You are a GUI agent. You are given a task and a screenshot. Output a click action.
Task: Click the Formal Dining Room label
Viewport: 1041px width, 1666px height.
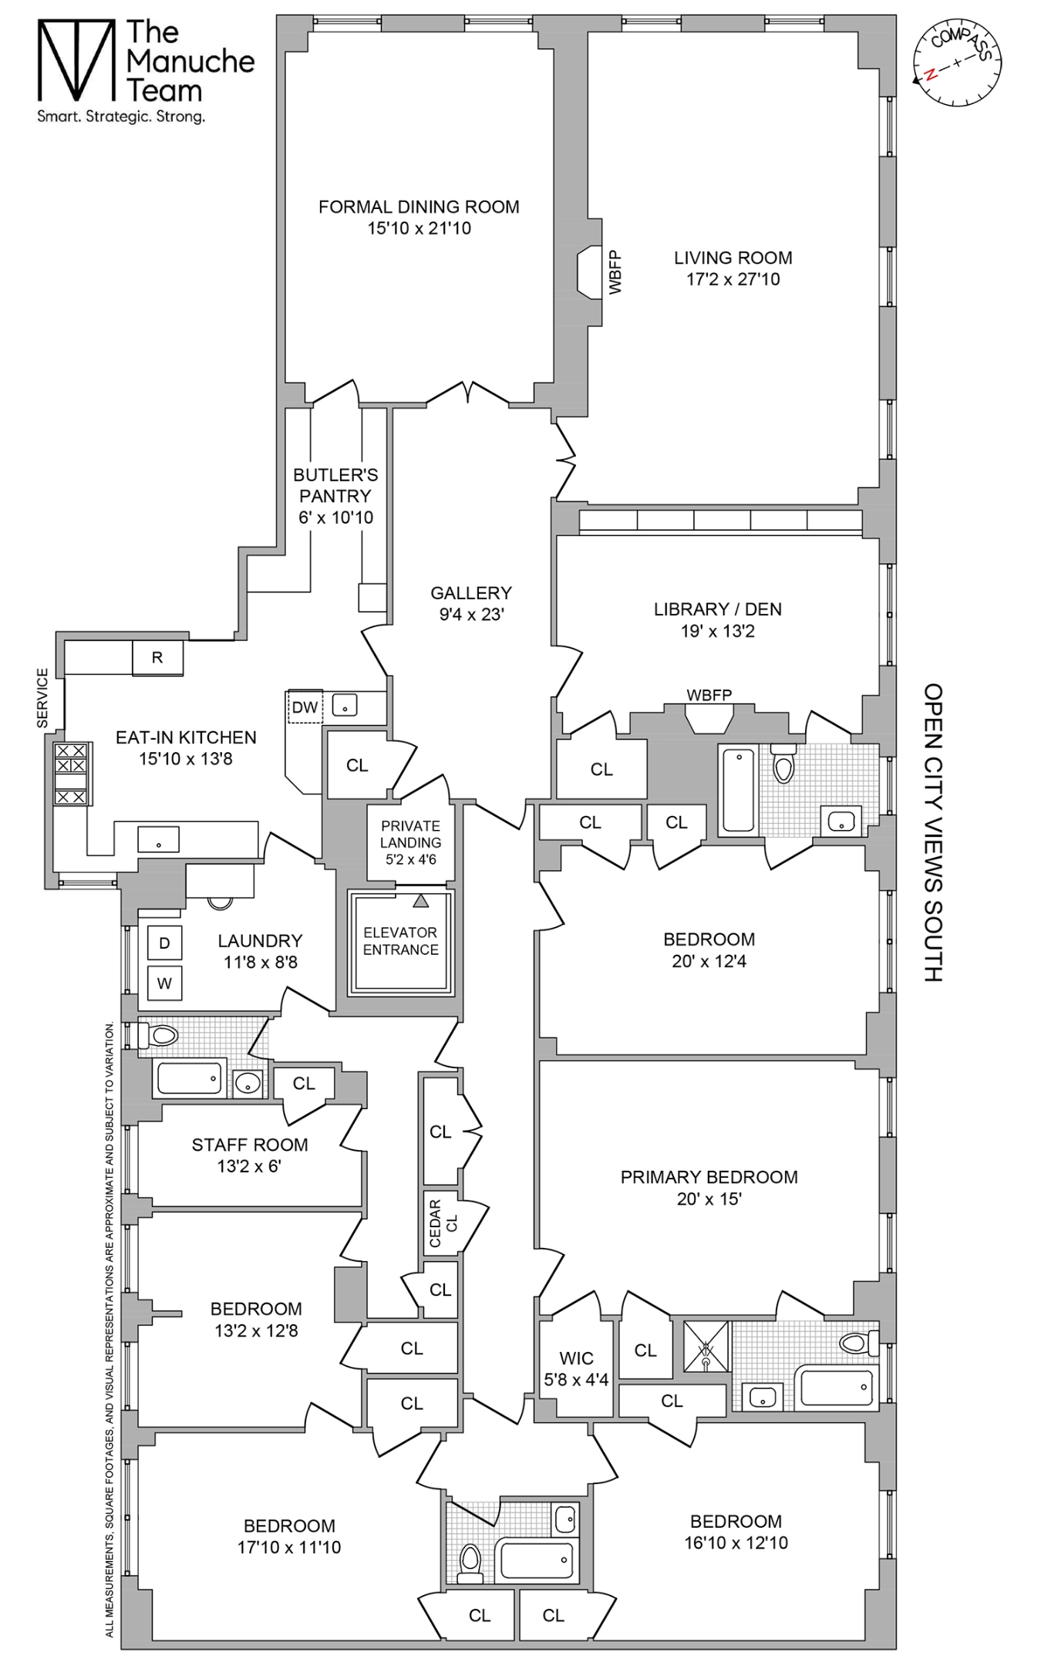tap(419, 207)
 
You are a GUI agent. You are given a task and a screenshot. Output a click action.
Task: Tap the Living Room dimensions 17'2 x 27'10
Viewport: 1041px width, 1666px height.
tap(733, 279)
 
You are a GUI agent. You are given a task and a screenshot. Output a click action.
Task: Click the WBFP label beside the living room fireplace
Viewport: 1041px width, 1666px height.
tap(615, 272)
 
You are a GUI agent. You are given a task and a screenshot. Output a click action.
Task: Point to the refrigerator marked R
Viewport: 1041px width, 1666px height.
tap(157, 658)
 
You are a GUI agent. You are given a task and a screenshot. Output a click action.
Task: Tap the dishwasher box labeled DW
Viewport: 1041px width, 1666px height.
tap(305, 707)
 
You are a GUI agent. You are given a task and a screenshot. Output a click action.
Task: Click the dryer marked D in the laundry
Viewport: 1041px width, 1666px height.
tap(164, 943)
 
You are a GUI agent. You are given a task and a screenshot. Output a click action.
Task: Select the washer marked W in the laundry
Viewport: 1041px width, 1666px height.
tap(164, 983)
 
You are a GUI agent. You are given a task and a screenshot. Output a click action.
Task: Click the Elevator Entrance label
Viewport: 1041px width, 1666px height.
tap(400, 941)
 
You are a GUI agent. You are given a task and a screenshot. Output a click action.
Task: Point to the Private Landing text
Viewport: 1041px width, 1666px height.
tap(410, 834)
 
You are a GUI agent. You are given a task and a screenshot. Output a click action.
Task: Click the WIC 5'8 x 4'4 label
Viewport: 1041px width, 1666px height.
tap(576, 1369)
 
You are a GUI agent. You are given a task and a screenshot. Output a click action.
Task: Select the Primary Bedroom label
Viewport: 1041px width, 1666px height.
tap(709, 1177)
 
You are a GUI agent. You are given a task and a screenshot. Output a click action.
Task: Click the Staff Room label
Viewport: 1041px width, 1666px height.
tap(249, 1145)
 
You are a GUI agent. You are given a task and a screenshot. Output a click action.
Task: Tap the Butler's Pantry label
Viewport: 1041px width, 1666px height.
tap(335, 485)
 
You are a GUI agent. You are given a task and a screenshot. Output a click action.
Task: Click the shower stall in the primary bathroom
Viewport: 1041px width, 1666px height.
tap(706, 1347)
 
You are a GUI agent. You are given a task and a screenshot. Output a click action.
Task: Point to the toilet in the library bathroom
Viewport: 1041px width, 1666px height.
tap(783, 764)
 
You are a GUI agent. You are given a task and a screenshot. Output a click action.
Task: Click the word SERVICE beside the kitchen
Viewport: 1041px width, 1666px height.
tap(42, 698)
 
